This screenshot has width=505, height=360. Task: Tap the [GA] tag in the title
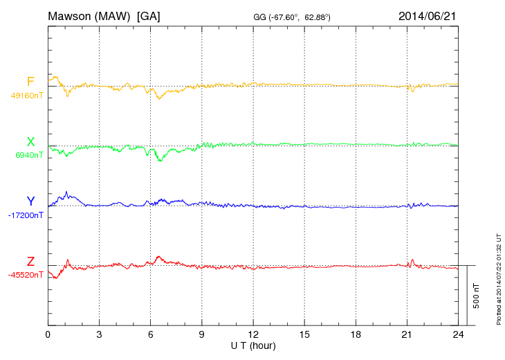[149, 15]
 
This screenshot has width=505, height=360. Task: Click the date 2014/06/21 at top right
[428, 15]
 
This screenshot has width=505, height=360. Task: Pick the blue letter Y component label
[30, 201]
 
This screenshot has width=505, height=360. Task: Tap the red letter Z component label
[30, 262]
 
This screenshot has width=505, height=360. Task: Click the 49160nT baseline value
[27, 96]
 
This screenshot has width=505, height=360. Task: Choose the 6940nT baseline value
[29, 156]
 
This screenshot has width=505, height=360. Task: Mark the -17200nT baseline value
[26, 215]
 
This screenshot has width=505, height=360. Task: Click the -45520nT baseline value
[26, 275]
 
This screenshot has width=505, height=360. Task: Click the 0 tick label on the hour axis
[48, 335]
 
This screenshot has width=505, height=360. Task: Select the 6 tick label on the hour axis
[151, 335]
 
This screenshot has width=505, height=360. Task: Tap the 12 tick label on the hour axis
[253, 335]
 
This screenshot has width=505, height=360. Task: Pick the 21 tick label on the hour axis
[407, 335]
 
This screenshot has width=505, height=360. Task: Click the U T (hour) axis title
[253, 345]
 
